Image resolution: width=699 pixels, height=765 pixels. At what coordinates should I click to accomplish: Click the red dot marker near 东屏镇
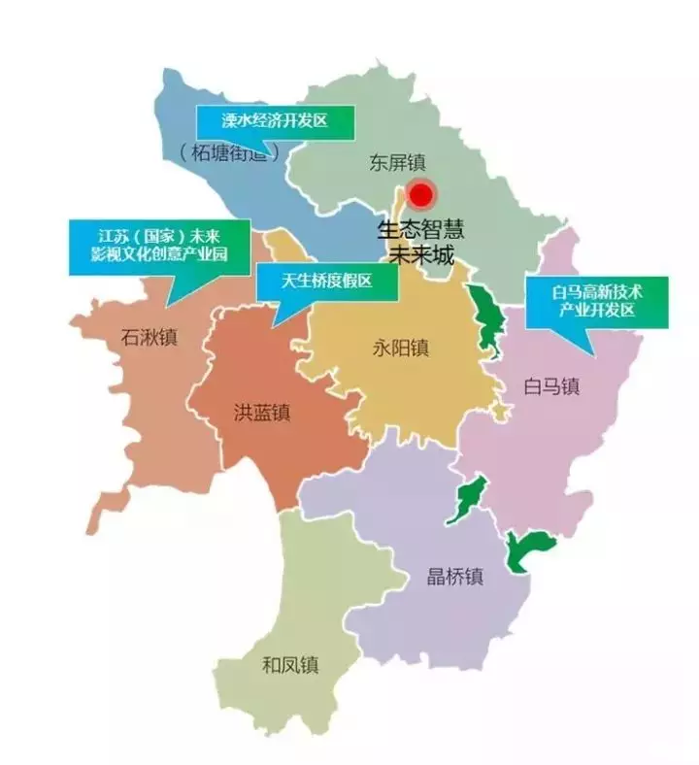pyautogui.click(x=420, y=195)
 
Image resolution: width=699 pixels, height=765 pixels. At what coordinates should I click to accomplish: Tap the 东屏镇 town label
pyautogui.click(x=398, y=162)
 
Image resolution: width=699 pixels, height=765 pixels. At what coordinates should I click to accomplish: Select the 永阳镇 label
pyautogui.click(x=401, y=348)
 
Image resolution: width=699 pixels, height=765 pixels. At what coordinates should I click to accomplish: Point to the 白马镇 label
pyautogui.click(x=550, y=386)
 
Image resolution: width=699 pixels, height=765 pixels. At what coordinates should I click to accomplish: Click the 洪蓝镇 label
pyautogui.click(x=262, y=412)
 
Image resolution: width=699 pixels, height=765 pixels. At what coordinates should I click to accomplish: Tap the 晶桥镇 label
pyautogui.click(x=455, y=576)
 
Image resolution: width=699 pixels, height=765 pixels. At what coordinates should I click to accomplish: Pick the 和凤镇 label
pyautogui.click(x=290, y=666)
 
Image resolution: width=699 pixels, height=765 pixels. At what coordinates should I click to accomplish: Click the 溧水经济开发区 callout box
pyautogui.click(x=276, y=121)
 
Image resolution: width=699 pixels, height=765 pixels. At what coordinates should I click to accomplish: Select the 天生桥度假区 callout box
pyautogui.click(x=327, y=283)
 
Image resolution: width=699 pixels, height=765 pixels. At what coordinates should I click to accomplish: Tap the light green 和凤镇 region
pyautogui.click(x=291, y=621)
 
